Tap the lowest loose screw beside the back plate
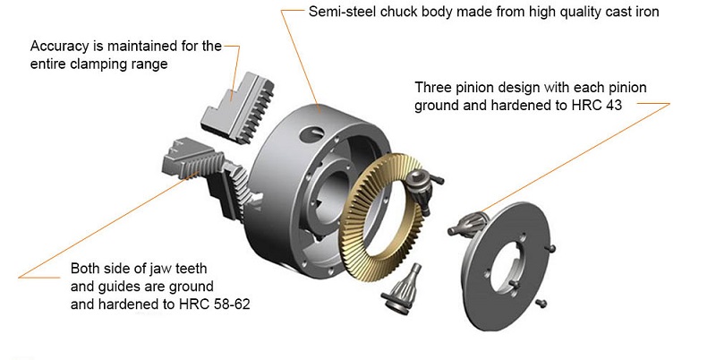(541, 306)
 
